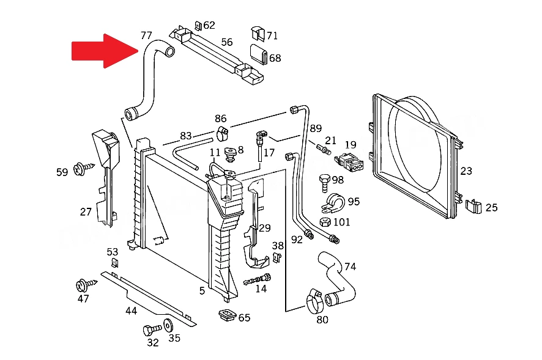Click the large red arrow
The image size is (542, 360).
click(x=105, y=51)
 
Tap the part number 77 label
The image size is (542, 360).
click(x=146, y=35)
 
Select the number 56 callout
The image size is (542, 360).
click(x=227, y=42)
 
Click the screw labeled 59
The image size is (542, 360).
click(x=84, y=169)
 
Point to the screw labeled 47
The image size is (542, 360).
click(x=86, y=285)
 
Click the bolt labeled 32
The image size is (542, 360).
click(x=152, y=329)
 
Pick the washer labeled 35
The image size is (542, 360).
click(x=168, y=326)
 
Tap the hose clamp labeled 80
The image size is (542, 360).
click(x=314, y=301)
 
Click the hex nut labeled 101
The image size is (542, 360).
click(x=325, y=222)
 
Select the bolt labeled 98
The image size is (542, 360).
click(x=325, y=183)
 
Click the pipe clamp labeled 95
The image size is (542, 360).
click(x=333, y=202)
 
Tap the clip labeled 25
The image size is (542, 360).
click(x=473, y=206)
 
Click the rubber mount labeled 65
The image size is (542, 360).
click(x=227, y=315)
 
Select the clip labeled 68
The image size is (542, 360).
click(x=259, y=54)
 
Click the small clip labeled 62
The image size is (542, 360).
click(x=198, y=26)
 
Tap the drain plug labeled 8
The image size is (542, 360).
click(x=230, y=154)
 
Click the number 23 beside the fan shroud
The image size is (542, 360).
click(x=466, y=171)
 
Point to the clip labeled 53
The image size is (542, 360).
click(x=114, y=263)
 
